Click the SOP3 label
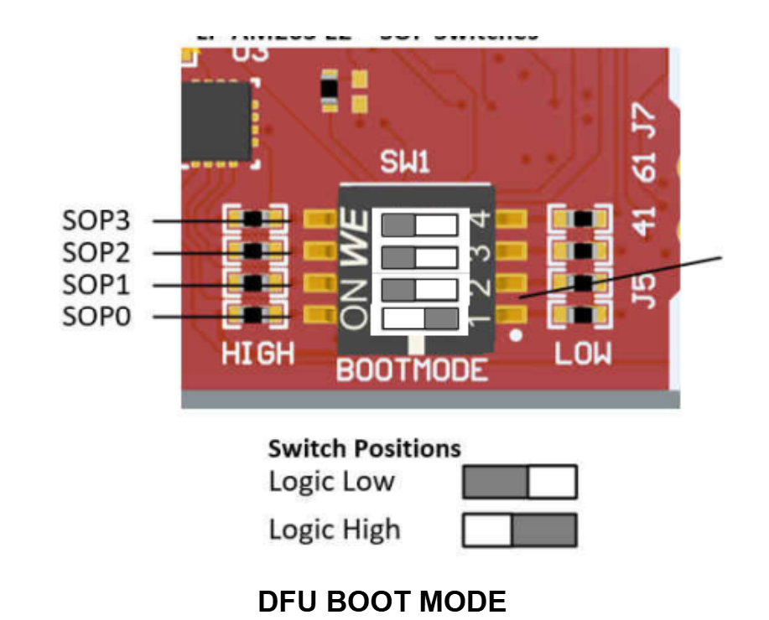click(96, 221)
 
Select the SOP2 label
click(96, 252)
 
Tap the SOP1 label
click(96, 285)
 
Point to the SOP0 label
click(96, 317)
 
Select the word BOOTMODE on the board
click(412, 369)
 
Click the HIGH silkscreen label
click(258, 354)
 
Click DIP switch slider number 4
click(419, 225)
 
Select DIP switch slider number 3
click(419, 256)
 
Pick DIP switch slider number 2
click(419, 287)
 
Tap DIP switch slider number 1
click(419, 318)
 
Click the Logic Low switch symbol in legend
click(519, 483)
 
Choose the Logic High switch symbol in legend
click(519, 530)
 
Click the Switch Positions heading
click(364, 448)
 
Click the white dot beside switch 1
click(517, 338)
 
